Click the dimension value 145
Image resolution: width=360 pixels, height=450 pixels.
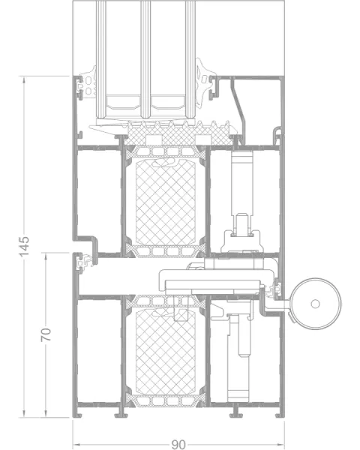pos(24,246)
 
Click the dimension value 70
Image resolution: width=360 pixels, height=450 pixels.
pos(46,334)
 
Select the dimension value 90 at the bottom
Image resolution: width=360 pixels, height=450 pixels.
pos(178,445)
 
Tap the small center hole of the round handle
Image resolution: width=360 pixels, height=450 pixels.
pos(316,304)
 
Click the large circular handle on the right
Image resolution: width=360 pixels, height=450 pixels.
pos(316,304)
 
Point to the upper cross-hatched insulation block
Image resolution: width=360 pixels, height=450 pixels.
pos(166,202)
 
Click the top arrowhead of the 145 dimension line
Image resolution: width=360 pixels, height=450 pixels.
pos(24,79)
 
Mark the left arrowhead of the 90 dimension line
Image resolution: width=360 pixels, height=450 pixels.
pos(76,445)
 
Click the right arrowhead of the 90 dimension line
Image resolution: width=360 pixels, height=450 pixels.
pos(280,445)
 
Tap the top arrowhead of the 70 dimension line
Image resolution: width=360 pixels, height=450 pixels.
pos(46,256)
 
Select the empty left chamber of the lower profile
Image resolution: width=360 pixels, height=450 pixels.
pos(99,351)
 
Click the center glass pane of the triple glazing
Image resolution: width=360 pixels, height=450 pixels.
pos(145,58)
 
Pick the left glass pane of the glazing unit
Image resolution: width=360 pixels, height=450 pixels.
pos(100,58)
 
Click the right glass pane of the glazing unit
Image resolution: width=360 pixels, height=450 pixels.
pos(190,58)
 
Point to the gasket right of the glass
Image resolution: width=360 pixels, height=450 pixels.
pos(205,83)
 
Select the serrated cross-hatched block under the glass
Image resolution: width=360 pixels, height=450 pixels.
pos(178,133)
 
